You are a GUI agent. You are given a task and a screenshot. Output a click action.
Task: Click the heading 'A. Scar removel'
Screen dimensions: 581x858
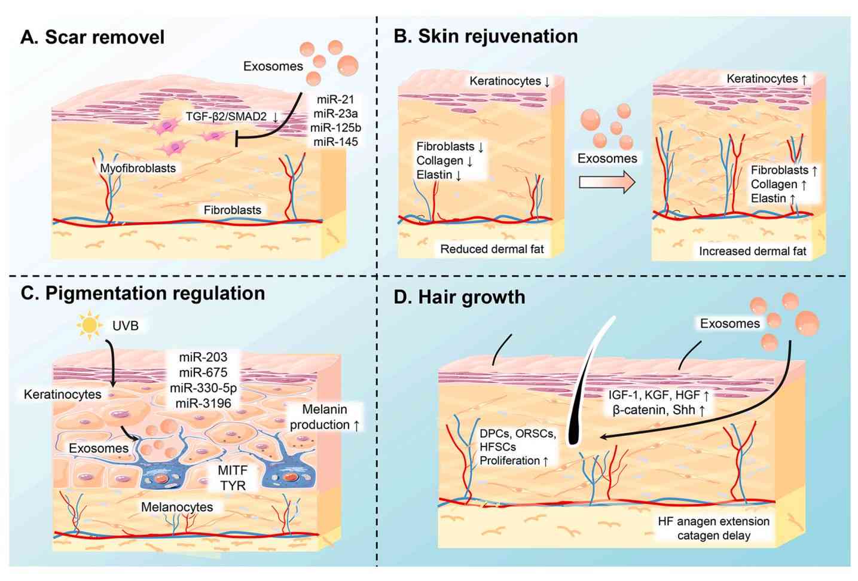pyautogui.click(x=93, y=37)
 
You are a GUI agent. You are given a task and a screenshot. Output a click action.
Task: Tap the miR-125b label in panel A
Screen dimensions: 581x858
pyautogui.click(x=335, y=127)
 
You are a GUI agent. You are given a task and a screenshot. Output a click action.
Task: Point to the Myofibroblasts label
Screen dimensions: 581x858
pyautogui.click(x=138, y=168)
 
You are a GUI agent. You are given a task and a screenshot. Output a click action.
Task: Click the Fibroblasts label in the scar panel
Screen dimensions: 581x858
pyautogui.click(x=232, y=210)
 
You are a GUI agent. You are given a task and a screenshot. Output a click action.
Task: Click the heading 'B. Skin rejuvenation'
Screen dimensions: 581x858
pyautogui.click(x=486, y=36)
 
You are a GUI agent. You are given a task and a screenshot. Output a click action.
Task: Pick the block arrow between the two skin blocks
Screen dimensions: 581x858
pyautogui.click(x=607, y=182)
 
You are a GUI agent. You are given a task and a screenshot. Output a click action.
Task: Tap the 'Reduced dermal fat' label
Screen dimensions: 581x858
pyautogui.click(x=492, y=249)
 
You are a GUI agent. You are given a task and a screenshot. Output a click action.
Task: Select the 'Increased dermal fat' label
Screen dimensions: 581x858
pyautogui.click(x=752, y=251)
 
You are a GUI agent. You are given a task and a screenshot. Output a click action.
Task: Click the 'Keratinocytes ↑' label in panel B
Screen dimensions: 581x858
pyautogui.click(x=767, y=79)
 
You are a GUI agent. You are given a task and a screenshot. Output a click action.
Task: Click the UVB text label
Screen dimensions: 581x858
pyautogui.click(x=126, y=326)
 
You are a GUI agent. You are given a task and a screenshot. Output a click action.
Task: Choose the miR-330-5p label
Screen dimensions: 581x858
pyautogui.click(x=203, y=388)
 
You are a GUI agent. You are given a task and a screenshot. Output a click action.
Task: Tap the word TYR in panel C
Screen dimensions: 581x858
pyautogui.click(x=233, y=485)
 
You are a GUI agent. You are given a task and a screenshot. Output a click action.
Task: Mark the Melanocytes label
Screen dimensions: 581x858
pyautogui.click(x=177, y=507)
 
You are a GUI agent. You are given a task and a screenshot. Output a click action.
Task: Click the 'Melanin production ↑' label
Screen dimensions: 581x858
pyautogui.click(x=325, y=417)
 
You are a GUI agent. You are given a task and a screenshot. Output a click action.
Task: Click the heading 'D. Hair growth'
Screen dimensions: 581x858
pyautogui.click(x=459, y=297)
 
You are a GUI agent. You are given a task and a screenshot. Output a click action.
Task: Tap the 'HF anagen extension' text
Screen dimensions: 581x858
pyautogui.click(x=713, y=521)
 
